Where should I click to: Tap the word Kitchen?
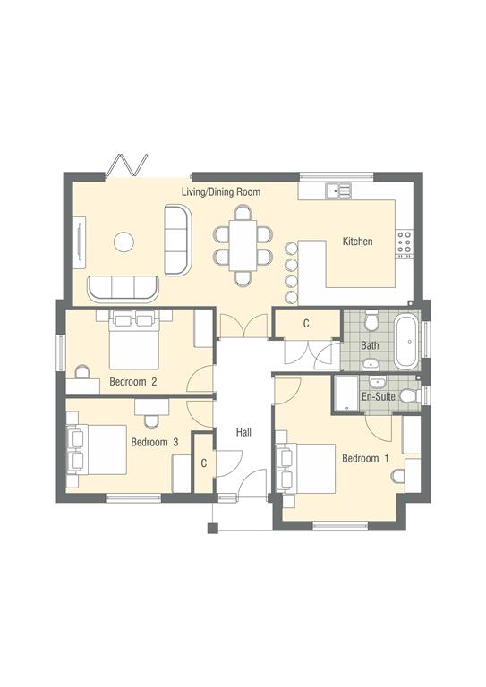[x=357, y=242]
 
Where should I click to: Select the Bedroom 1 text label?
[x=366, y=459]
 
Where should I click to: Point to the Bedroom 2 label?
[x=133, y=382]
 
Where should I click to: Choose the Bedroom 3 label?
[x=155, y=442]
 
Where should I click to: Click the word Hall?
[x=243, y=433]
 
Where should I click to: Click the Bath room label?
[x=370, y=345]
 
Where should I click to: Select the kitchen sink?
[x=337, y=190]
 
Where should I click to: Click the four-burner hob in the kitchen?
[x=405, y=242]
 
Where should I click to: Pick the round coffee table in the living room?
[x=123, y=242]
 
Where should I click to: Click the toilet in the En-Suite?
[x=408, y=395]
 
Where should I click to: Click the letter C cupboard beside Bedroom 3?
[x=204, y=462]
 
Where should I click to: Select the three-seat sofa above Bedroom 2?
[x=123, y=287]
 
